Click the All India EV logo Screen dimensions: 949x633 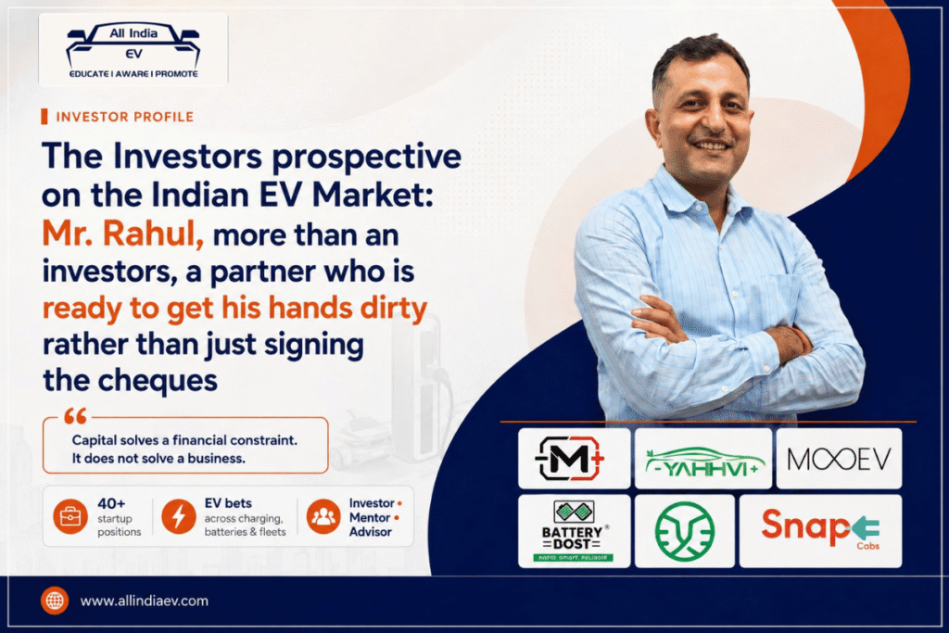[x=133, y=50]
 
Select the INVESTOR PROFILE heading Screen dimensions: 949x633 [x=125, y=117]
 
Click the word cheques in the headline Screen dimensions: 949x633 [x=158, y=381]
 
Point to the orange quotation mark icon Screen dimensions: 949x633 [x=76, y=416]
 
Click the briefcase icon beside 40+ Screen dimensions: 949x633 [x=70, y=517]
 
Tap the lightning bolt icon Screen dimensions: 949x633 [x=179, y=517]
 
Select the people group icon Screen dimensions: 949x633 [x=323, y=517]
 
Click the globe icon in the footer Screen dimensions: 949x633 [x=55, y=601]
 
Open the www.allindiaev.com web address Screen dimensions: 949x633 [x=144, y=601]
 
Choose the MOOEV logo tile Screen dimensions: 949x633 [x=839, y=459]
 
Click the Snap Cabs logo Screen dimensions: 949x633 [x=821, y=531]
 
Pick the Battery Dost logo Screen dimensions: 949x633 [x=574, y=531]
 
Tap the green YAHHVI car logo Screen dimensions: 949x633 [x=703, y=459]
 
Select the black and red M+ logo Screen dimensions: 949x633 [x=574, y=459]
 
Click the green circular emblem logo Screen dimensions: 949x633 [x=685, y=531]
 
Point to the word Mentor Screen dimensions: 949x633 [x=370, y=517]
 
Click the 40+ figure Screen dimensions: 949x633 [x=111, y=503]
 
